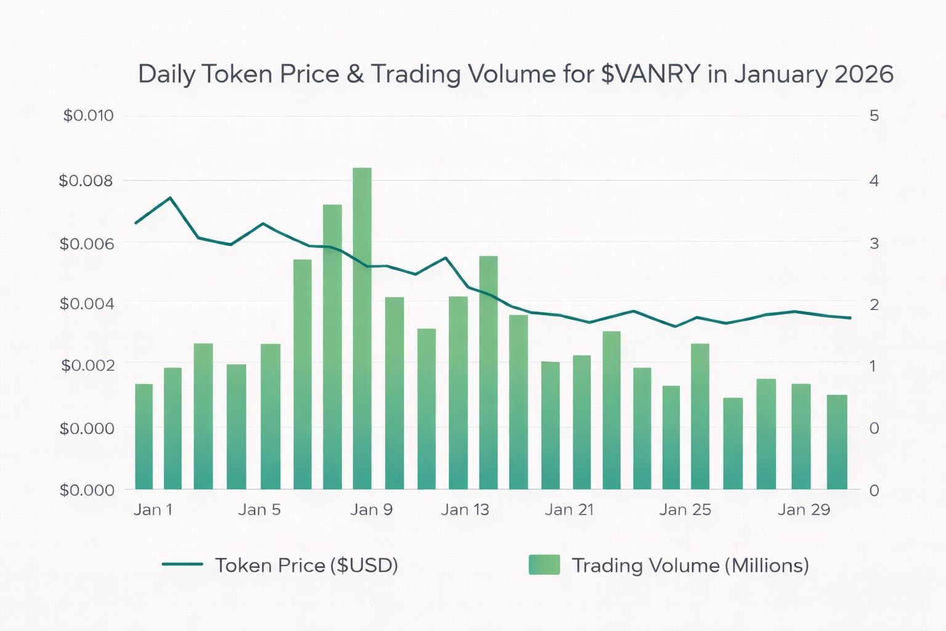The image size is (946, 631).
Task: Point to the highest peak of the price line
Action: pos(170,198)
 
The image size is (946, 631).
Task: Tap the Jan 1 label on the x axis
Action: pos(153,510)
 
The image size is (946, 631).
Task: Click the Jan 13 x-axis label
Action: pos(464,510)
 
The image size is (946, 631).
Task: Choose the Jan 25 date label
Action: pos(685,510)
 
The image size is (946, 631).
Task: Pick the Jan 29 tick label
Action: pos(804,510)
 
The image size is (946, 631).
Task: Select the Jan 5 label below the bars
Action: pos(259,510)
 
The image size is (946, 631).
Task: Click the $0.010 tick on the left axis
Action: pos(88,116)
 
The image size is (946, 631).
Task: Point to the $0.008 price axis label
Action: pos(86,181)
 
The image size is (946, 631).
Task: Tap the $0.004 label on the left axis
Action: pos(87,304)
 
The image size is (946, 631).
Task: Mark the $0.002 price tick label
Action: pos(87,365)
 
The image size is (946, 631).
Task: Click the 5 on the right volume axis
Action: pos(874,116)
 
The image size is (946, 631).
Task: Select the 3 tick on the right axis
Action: pos(874,243)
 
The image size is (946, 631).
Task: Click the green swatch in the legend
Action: pos(544,564)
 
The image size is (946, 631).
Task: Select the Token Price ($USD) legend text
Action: pos(306,565)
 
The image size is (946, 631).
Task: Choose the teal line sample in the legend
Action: pos(182,564)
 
